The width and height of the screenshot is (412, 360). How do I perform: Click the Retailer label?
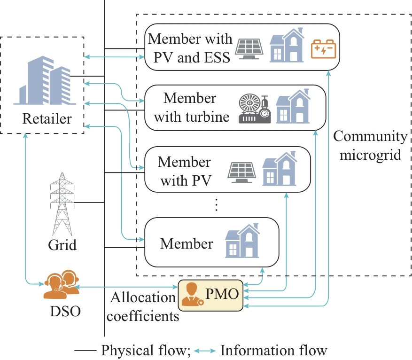47,118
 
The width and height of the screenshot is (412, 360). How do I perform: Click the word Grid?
62,245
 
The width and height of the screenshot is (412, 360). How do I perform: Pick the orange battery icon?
324,49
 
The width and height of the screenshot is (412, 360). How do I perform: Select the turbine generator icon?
255,109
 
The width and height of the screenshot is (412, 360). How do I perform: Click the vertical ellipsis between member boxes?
217,205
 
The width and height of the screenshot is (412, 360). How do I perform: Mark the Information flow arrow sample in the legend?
205,351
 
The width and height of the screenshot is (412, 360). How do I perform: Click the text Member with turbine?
191,108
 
